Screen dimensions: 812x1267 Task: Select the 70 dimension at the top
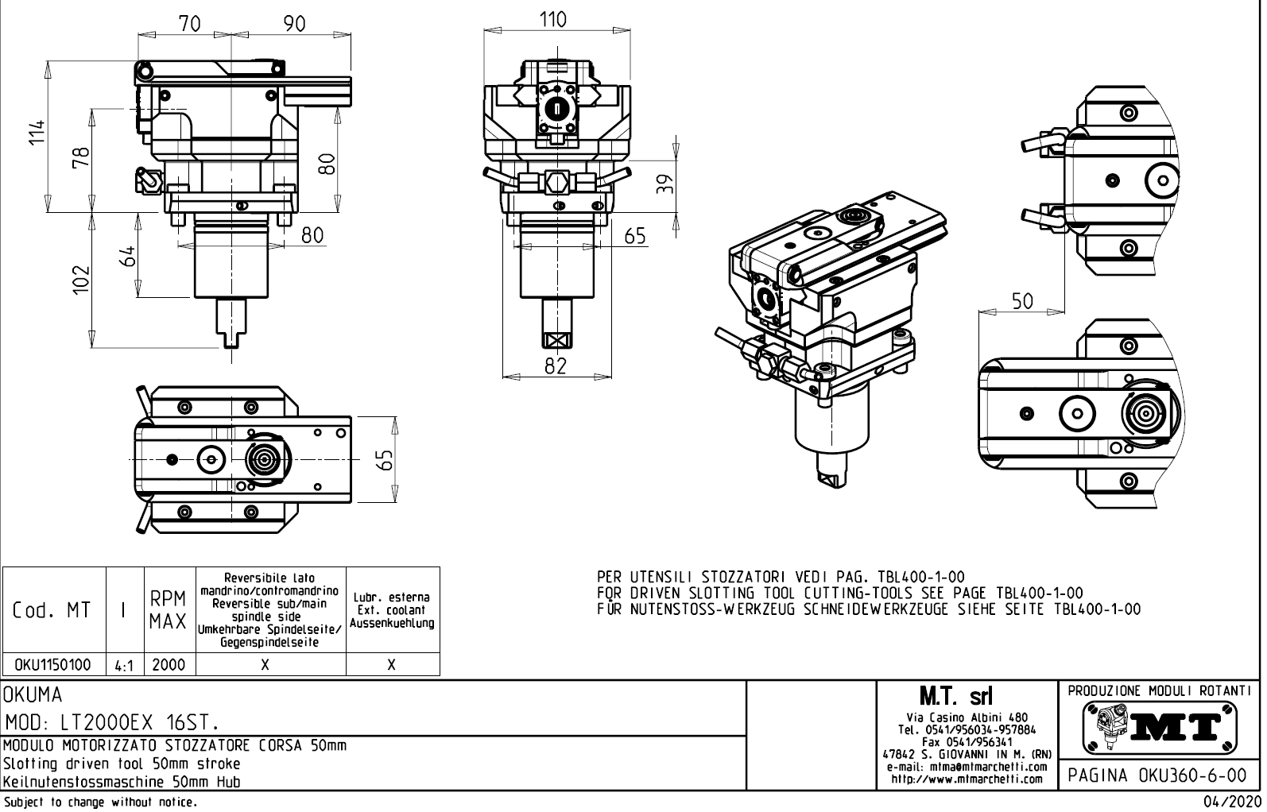pos(189,24)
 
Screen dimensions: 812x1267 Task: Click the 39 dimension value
pos(665,184)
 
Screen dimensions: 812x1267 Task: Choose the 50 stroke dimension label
pos(1022,300)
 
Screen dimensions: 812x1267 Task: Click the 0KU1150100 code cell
pos(53,665)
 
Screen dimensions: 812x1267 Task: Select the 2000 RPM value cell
pos(169,665)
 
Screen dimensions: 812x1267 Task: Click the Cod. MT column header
pos(52,610)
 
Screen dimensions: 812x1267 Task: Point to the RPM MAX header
pos(169,610)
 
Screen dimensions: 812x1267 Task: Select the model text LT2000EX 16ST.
pos(111,723)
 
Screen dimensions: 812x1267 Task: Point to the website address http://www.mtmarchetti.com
pos(967,779)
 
